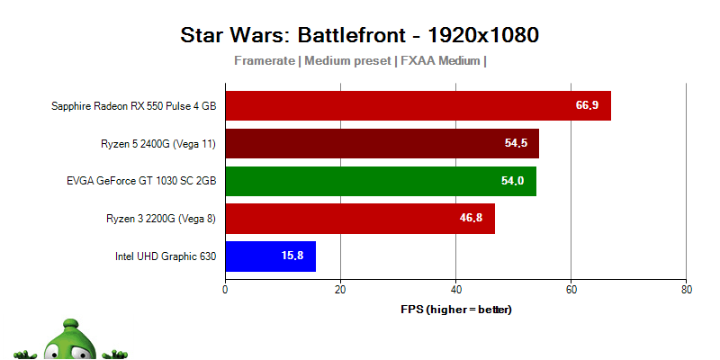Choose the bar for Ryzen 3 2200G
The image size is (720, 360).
coord(359,218)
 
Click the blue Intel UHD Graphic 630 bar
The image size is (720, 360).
coord(270,256)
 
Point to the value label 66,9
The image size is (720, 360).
coord(587,105)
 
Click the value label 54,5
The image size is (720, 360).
coord(516,143)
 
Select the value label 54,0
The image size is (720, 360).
coord(512,181)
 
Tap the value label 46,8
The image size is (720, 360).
coord(471,218)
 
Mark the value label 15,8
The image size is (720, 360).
coord(292,256)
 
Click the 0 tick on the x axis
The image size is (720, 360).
coord(225,290)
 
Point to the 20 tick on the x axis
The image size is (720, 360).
coord(340,290)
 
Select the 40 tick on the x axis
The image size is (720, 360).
coord(455,290)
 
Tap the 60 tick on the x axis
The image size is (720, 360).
coord(571,290)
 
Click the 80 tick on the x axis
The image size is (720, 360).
coord(686,290)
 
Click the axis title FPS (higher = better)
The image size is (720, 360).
coord(455,309)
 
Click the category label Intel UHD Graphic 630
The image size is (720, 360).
coord(166,256)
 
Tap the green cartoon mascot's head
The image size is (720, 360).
coord(73,337)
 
